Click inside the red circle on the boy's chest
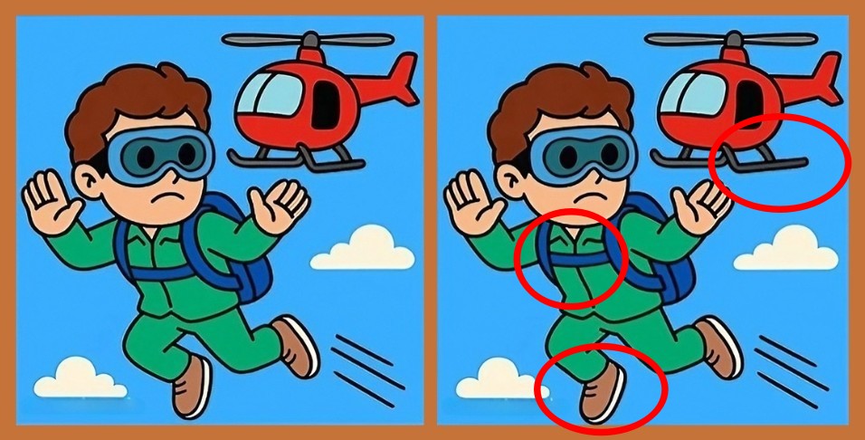coord(570,258)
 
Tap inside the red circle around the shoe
coord(601,387)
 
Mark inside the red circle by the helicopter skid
coord(781,163)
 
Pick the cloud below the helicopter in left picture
coord(363,249)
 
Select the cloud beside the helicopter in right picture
coord(787,249)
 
